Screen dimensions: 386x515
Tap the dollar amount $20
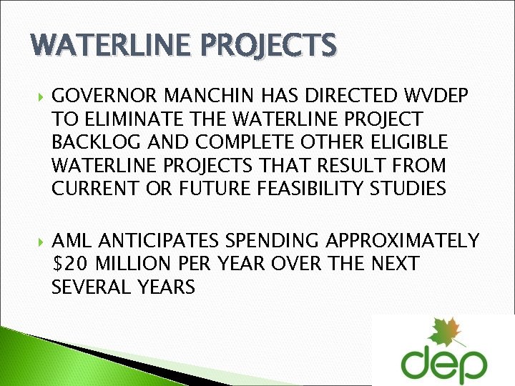click(69, 264)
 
